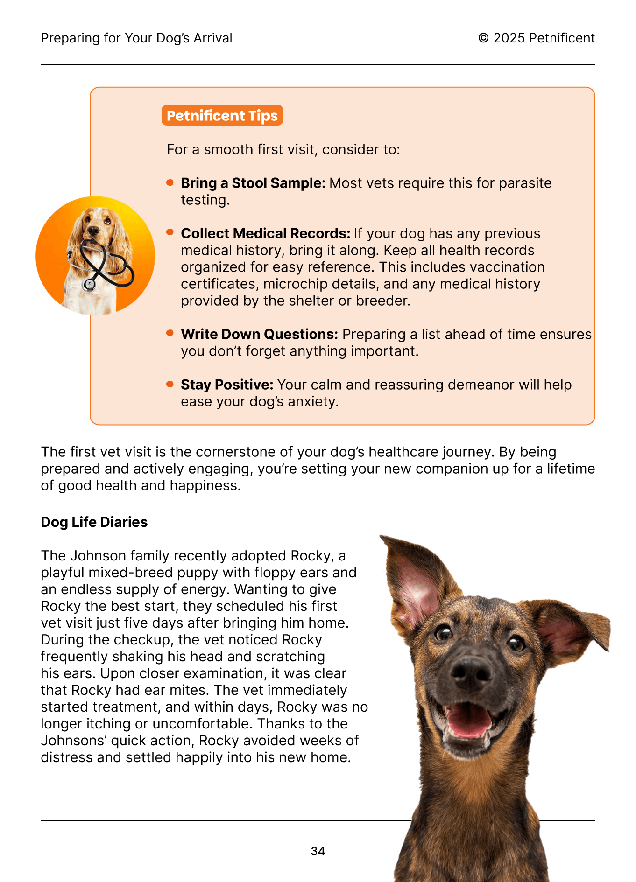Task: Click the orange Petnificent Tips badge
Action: tap(222, 115)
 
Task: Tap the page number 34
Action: tap(318, 851)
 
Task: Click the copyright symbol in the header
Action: tap(483, 38)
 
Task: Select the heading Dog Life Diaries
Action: tap(94, 522)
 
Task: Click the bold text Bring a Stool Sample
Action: tap(253, 183)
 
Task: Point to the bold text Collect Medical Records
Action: tap(265, 233)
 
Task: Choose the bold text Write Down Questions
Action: tap(259, 334)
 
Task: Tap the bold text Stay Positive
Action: tap(227, 385)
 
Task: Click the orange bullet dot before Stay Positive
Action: tap(170, 384)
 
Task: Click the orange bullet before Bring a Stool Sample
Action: tap(170, 182)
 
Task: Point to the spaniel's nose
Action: tap(94, 230)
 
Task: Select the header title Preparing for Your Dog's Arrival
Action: tap(136, 38)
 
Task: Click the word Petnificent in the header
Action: tap(562, 38)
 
